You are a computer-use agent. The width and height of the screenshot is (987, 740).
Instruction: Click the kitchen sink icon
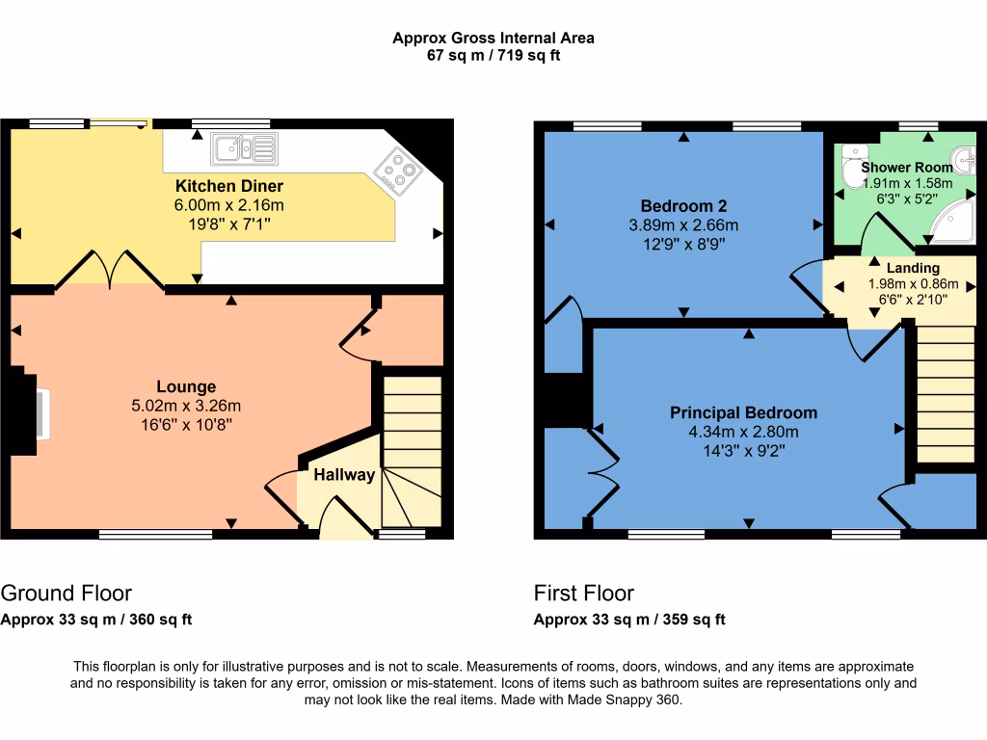pyautogui.click(x=246, y=149)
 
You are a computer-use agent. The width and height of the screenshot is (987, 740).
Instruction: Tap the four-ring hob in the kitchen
pyautogui.click(x=397, y=169)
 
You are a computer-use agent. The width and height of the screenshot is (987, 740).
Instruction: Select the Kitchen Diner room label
pyautogui.click(x=229, y=186)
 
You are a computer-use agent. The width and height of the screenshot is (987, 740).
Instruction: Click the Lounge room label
pyautogui.click(x=187, y=387)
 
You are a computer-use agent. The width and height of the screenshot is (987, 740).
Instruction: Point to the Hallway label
pyautogui.click(x=344, y=475)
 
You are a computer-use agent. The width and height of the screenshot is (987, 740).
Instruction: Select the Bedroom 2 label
pyautogui.click(x=683, y=206)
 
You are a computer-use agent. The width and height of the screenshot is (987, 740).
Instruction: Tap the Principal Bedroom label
pyautogui.click(x=743, y=412)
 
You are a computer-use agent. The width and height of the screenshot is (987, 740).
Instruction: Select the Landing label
pyautogui.click(x=913, y=268)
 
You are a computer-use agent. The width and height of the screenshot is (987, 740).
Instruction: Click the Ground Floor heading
pyautogui.click(x=67, y=594)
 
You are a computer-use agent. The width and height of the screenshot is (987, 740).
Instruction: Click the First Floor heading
pyautogui.click(x=584, y=594)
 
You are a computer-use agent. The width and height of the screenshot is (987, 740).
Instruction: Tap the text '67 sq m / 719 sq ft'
pyautogui.click(x=493, y=56)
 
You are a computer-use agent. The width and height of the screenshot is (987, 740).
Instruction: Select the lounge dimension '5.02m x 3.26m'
pyautogui.click(x=187, y=405)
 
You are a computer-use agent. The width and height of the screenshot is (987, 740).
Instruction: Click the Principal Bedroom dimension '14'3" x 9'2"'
pyautogui.click(x=743, y=449)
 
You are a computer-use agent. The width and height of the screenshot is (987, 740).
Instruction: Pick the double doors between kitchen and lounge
pyautogui.click(x=109, y=271)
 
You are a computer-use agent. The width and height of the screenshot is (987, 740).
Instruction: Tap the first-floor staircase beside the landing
pyautogui.click(x=945, y=395)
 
